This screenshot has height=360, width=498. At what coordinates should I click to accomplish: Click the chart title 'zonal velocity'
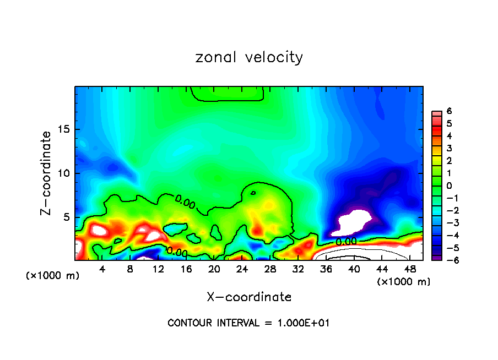[x=249, y=57]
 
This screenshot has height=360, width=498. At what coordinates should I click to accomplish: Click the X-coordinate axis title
[x=249, y=297]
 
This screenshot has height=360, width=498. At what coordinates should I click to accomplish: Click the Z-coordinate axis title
[x=46, y=173]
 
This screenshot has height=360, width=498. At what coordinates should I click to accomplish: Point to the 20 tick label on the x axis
[x=214, y=269]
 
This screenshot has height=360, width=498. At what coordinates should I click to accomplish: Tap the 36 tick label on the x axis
[x=326, y=269]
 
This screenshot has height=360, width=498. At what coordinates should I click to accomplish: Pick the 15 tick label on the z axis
[x=64, y=129]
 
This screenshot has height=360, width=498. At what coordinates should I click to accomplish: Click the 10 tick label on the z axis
[x=64, y=173]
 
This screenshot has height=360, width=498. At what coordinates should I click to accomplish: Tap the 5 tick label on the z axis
[x=67, y=217]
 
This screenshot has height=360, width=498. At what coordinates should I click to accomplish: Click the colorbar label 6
[x=449, y=111]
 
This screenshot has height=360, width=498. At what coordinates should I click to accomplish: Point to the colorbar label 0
[x=449, y=186]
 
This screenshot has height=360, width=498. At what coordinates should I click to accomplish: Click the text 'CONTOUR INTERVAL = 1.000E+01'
[x=248, y=323]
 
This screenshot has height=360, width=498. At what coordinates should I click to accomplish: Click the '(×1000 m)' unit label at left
[x=53, y=276]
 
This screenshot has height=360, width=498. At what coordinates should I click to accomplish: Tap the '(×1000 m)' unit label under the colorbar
[x=403, y=282]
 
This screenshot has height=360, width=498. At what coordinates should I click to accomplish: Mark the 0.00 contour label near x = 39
[x=346, y=241]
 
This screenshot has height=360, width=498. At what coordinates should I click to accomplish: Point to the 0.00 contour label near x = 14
[x=177, y=252]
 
